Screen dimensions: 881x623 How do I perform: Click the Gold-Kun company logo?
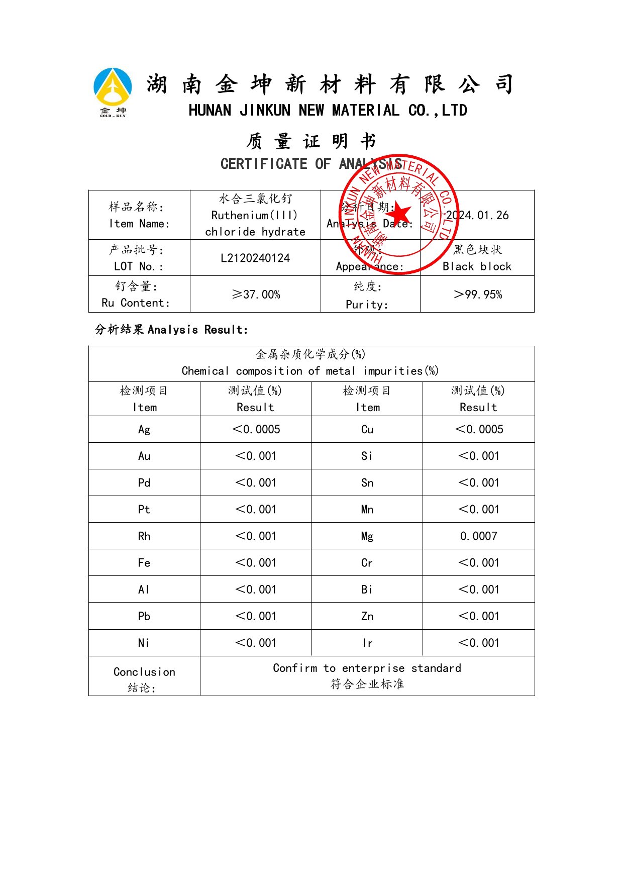pos(113,92)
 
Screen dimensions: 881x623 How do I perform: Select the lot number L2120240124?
pos(255,258)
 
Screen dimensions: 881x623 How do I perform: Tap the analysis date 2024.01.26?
pos(477,216)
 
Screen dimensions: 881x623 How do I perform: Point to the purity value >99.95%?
pos(477,295)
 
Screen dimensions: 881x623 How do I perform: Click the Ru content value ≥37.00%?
pos(255,295)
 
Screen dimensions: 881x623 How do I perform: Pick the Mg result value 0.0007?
pos(478,536)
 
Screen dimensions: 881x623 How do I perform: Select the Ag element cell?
pos(144,430)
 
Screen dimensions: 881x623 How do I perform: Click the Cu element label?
pos(367,430)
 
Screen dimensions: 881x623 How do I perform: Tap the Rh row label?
pos(144,536)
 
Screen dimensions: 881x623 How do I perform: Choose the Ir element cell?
pos(367,643)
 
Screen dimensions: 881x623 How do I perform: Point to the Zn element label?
pos(367,616)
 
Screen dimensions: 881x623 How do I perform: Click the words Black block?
pos(477,267)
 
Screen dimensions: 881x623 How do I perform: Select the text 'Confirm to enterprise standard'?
pos(367,668)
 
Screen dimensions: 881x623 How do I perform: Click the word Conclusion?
pos(144,672)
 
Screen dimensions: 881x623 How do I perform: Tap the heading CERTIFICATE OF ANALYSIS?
pos(311,164)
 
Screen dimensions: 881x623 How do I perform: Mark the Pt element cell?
pos(144,510)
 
